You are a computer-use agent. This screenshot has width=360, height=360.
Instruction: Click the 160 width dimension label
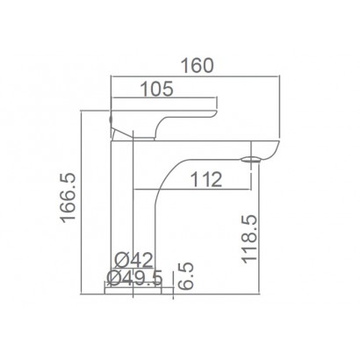point(198,66)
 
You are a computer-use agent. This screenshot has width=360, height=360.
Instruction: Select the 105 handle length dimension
point(157,89)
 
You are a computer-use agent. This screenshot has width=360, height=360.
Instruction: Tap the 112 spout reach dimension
point(206,179)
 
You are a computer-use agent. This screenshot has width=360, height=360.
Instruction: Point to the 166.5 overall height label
point(68,198)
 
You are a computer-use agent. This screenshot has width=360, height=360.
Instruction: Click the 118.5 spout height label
point(249,239)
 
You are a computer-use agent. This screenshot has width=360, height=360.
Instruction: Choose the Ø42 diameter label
point(133,260)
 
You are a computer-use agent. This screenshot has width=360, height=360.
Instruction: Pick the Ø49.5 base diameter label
point(134,277)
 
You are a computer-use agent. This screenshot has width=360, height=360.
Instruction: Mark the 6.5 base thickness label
point(186,276)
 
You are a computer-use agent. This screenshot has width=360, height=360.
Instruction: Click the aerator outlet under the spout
point(250,160)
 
